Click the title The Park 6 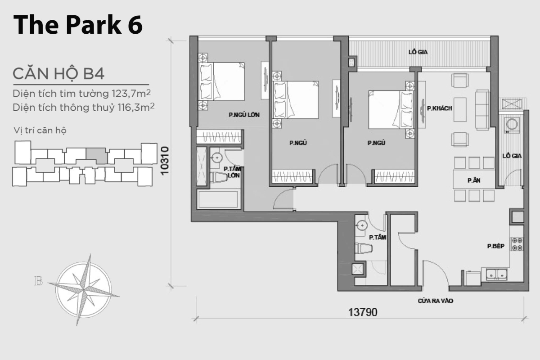78,25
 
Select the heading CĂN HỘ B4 58,74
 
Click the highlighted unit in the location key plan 96,156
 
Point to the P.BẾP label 495,246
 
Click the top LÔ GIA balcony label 418,52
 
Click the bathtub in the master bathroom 218,199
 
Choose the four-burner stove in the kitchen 517,244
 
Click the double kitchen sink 495,274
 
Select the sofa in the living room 482,109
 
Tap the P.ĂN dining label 472,180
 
